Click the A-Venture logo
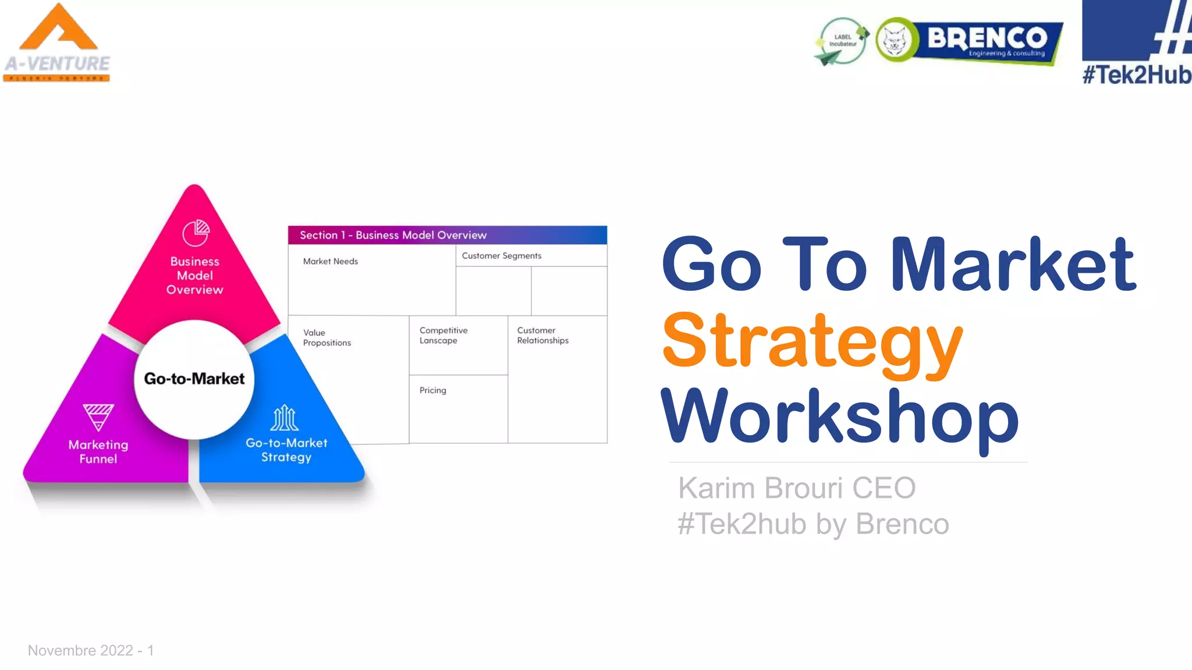point(57,44)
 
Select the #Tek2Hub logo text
point(1136,74)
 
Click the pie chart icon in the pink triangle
point(196,233)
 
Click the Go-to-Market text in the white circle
point(194,379)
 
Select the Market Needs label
point(330,261)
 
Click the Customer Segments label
point(501,255)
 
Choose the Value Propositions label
point(327,337)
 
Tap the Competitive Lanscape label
point(443,335)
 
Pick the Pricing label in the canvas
point(432,390)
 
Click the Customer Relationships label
point(542,335)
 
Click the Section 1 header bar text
point(393,235)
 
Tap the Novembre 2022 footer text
point(91,650)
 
